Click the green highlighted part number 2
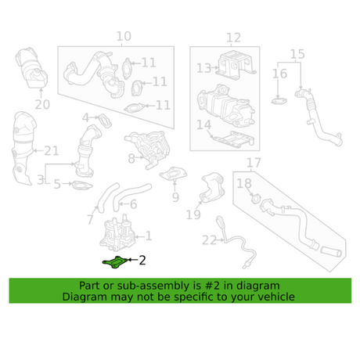(x=114, y=261)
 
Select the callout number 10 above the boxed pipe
(x=124, y=37)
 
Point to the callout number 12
(x=233, y=38)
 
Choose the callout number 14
(x=203, y=124)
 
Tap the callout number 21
(x=52, y=150)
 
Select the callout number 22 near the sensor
(x=209, y=239)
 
